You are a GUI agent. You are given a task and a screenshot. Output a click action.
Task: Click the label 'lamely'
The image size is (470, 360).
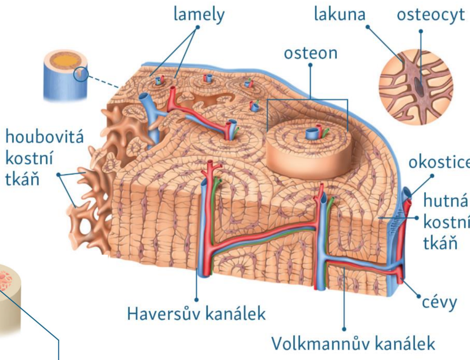click(x=199, y=14)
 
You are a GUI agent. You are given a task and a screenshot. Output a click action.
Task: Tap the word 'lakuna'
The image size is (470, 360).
click(x=339, y=14)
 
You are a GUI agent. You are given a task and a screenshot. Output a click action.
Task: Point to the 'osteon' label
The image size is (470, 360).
click(x=310, y=53)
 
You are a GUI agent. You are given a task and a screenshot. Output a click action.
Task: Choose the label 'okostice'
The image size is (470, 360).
click(x=439, y=162)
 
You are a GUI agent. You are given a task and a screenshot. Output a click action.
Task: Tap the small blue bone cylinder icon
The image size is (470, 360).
click(x=65, y=76)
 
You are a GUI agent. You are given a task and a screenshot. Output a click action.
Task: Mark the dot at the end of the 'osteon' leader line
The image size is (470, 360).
click(x=310, y=65)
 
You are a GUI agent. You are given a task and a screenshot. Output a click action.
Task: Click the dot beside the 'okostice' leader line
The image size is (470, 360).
click(x=432, y=176)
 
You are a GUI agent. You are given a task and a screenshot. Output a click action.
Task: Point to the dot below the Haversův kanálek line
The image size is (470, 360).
click(x=197, y=300)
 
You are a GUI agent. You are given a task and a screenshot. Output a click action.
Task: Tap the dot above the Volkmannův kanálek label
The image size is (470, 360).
click(x=344, y=329)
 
